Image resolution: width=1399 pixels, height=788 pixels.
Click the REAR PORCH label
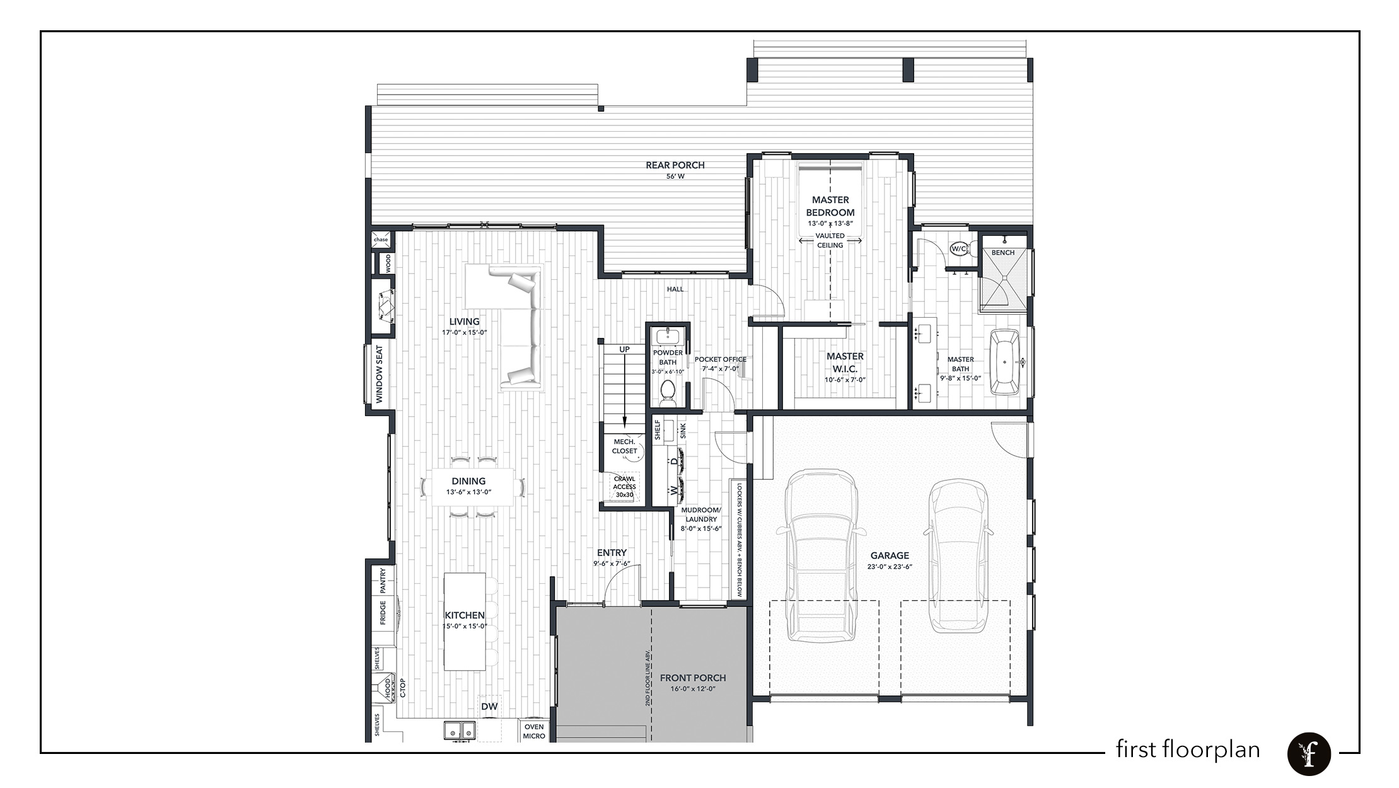[675, 165]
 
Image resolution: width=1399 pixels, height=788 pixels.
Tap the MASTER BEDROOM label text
[830, 206]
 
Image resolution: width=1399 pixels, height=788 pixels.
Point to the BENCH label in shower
[1003, 253]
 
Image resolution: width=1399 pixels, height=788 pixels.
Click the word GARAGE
[890, 555]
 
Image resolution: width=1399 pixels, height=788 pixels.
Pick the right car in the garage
[958, 556]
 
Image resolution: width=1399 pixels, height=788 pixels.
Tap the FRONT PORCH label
[693, 678]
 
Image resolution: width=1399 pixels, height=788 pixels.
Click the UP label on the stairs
[624, 349]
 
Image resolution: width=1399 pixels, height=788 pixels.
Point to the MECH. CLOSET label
[625, 446]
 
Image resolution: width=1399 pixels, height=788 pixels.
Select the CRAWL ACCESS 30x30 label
[624, 487]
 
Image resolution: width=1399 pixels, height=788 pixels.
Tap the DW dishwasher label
[489, 707]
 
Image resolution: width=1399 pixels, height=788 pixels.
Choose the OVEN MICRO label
[534, 731]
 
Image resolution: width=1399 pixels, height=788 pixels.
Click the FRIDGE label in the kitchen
[383, 612]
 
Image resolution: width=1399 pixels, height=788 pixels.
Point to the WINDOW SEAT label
[380, 374]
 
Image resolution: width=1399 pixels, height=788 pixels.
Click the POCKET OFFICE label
[720, 359]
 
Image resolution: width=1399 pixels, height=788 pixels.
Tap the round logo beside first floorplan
[1309, 753]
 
